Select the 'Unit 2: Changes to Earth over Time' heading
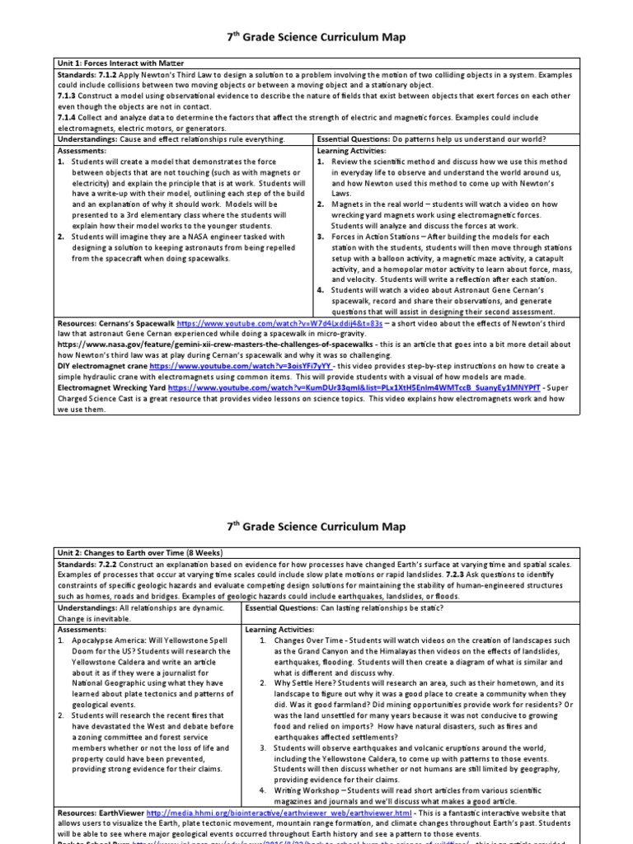[x=140, y=551]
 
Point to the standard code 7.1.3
[x=68, y=96]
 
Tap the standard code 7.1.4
[x=68, y=118]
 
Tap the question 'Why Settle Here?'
[x=306, y=682]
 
